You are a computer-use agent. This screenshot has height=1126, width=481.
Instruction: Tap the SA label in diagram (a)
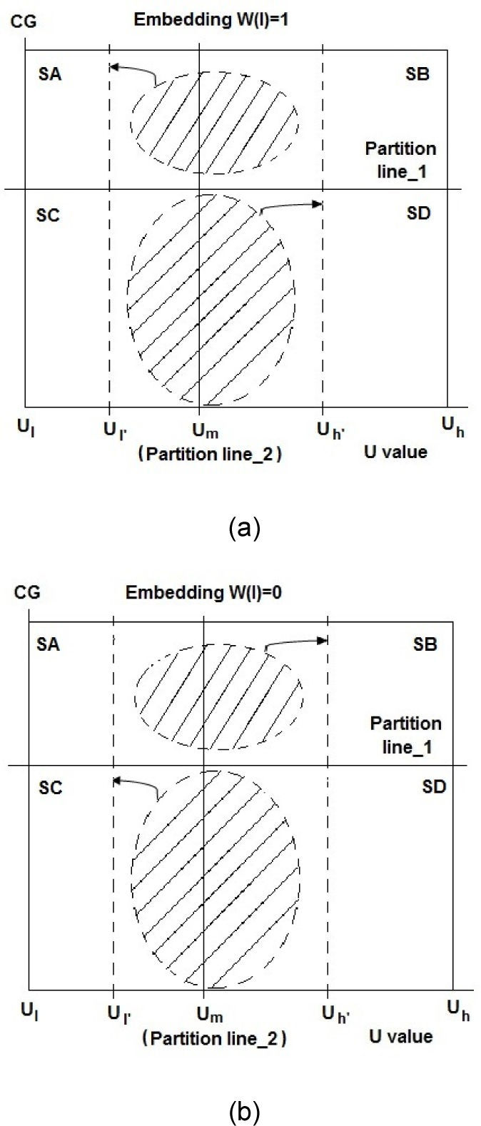(x=49, y=73)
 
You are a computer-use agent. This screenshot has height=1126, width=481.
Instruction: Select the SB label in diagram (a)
(x=417, y=73)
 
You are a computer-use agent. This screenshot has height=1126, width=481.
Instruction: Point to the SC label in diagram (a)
(x=48, y=215)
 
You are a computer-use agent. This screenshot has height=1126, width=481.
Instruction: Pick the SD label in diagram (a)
(x=418, y=213)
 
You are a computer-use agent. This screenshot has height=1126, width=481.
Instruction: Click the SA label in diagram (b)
(x=48, y=645)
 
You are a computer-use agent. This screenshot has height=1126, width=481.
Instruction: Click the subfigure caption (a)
(x=245, y=529)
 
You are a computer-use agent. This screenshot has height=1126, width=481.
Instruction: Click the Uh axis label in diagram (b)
(x=458, y=1010)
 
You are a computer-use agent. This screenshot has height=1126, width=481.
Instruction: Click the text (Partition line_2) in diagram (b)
(x=214, y=1039)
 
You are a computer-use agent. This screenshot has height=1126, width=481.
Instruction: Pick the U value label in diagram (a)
(x=396, y=452)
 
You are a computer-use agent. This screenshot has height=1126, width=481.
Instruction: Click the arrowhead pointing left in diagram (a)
(x=114, y=67)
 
